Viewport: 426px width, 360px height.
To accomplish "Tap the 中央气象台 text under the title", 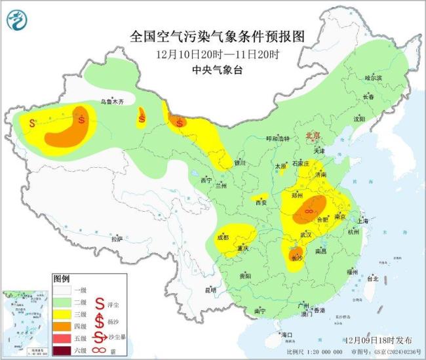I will point(218,68).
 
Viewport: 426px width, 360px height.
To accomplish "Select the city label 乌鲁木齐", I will point(111,102).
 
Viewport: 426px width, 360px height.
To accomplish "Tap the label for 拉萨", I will point(117,239).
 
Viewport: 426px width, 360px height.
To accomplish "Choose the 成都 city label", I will point(223,237).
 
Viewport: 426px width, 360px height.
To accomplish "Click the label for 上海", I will point(364,221).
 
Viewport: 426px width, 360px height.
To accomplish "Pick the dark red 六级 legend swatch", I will point(64,351).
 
